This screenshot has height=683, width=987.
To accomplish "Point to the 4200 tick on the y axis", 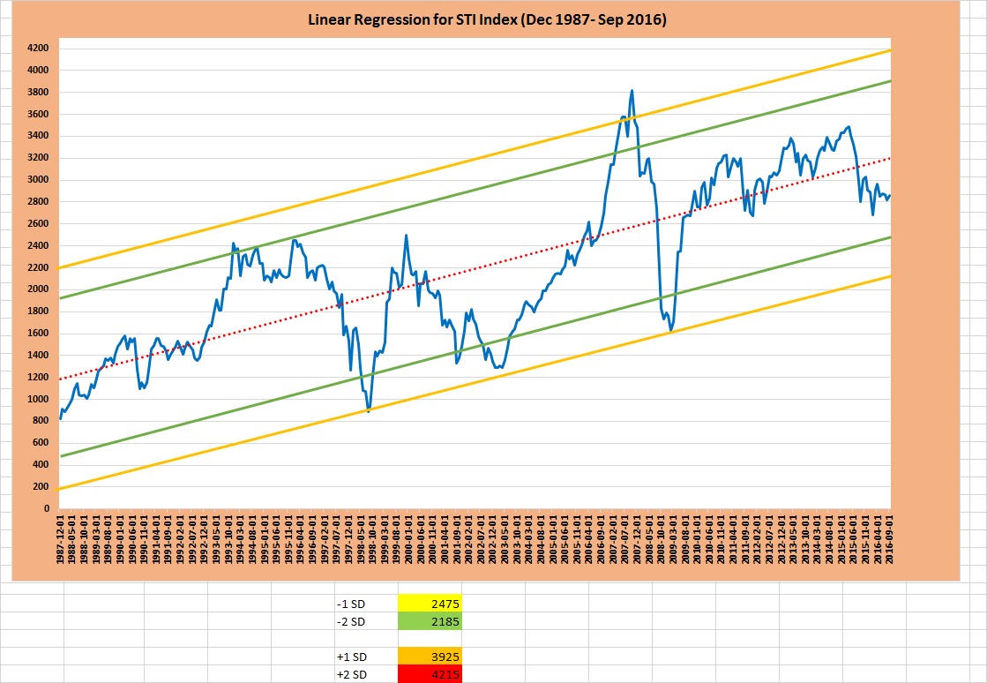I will (x=37, y=49).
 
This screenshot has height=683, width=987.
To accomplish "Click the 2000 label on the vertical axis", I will (x=37, y=289).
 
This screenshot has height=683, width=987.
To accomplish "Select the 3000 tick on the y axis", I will (x=37, y=180).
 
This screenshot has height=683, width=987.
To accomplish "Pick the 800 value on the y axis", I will (x=40, y=421).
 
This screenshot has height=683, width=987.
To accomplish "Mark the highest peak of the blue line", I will (x=632, y=90).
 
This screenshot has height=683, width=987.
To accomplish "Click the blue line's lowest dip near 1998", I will (x=369, y=411).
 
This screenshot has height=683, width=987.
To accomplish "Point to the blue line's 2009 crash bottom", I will (x=671, y=331).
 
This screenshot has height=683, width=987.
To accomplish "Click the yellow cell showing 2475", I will (x=430, y=604).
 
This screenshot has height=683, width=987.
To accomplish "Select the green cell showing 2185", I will (x=430, y=621).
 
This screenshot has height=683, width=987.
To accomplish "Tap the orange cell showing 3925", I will (x=430, y=657).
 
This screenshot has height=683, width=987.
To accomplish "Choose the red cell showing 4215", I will (x=430, y=675).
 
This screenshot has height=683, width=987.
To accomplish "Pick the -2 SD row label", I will (x=348, y=621).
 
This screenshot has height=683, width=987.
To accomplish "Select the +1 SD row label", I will (x=349, y=657).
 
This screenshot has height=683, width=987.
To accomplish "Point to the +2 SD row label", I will (x=349, y=675).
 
